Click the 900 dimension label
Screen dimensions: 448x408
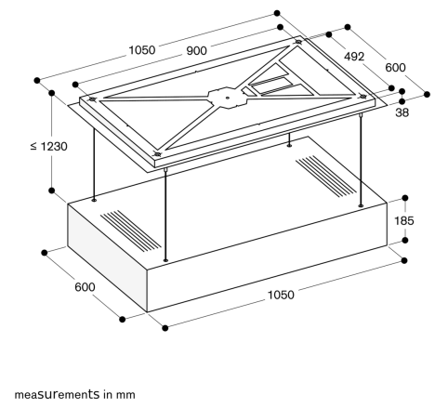197,51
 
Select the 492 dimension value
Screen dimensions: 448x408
354,57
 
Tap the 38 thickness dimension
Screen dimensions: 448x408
402,112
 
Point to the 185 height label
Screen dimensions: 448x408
404,221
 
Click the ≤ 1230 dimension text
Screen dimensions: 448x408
49,146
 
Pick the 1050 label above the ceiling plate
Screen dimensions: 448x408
141,50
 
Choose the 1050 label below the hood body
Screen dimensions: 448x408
281,295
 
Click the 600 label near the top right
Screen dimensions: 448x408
395,68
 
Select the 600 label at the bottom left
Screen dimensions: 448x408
85,287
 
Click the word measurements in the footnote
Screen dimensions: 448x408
57,395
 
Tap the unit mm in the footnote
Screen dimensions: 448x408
125,395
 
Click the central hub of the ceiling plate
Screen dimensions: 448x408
228,98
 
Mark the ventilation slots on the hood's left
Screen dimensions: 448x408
131,230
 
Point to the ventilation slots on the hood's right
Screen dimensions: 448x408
326,176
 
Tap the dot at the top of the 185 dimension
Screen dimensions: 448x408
404,198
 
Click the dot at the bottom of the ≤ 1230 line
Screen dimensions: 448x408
52,191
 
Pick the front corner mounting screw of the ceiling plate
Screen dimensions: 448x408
157,154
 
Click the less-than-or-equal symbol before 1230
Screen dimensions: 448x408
33,146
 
